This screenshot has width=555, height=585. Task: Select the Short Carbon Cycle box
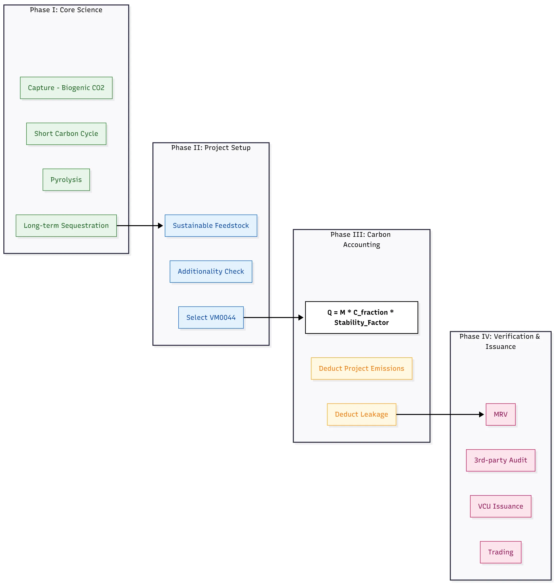coord(66,134)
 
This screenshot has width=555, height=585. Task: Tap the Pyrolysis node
coord(66,180)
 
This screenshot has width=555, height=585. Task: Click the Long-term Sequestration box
coord(66,225)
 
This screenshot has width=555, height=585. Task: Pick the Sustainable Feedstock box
coord(211,225)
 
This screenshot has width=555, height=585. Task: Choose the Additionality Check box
coord(211,271)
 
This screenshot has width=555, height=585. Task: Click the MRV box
coord(500,414)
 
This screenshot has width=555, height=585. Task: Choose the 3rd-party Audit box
coord(500,460)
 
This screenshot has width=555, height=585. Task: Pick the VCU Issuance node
coord(500,506)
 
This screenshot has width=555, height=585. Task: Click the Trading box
coord(500,552)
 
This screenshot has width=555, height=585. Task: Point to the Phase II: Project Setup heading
coord(211,148)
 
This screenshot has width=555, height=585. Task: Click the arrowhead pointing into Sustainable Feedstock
coord(161,226)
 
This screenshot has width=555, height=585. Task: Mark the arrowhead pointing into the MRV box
coord(481,414)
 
